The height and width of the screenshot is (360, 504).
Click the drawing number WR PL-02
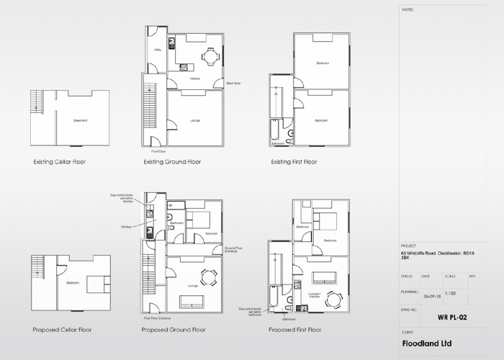[x=451, y=315]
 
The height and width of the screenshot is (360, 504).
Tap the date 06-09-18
[x=431, y=295]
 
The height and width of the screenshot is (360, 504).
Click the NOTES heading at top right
[x=408, y=10]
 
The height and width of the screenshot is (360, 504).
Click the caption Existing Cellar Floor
[x=60, y=162]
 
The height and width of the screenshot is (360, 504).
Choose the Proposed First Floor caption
[x=294, y=330]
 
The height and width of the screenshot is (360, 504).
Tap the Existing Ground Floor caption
[x=172, y=162]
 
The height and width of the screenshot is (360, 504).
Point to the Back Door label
[x=233, y=84]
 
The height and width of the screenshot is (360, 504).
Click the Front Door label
[x=158, y=152]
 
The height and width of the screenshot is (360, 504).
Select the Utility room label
[x=157, y=50]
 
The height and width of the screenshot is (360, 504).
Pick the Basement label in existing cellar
[x=80, y=120]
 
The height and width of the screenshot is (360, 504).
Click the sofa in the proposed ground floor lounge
[x=192, y=300]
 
